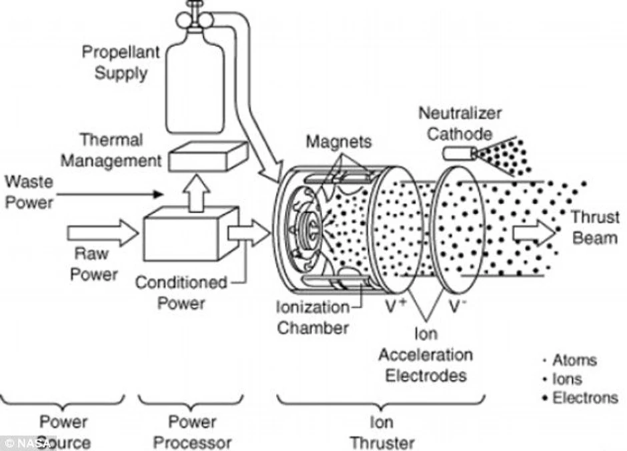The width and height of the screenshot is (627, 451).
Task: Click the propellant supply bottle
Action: (194, 87)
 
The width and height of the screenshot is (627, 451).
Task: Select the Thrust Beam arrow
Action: (533, 234)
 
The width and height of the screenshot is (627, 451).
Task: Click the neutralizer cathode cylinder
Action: (457, 154)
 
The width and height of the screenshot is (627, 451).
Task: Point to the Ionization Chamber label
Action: (313, 318)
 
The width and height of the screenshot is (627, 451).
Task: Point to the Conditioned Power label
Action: (181, 292)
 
